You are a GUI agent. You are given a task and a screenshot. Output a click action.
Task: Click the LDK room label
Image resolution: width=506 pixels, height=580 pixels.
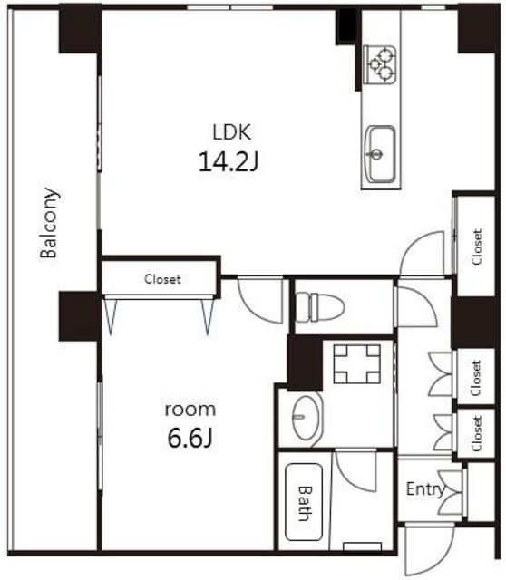[x=232, y=132]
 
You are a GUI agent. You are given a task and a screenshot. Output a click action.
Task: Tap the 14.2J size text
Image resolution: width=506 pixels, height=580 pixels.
[x=229, y=162]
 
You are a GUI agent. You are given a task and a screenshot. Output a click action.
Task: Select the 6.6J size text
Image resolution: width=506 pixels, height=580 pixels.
[x=190, y=439]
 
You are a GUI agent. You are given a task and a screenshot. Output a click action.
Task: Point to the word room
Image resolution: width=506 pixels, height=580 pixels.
[x=190, y=410]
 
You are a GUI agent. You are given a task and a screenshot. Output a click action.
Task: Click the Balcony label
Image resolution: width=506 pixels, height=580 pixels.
[x=49, y=223]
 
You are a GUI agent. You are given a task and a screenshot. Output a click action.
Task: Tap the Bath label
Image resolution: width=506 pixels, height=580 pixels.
[x=306, y=503]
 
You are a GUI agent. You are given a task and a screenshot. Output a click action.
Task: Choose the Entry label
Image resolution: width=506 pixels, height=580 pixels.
[x=425, y=489]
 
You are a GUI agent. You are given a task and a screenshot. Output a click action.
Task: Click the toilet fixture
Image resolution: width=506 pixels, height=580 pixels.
[x=320, y=306]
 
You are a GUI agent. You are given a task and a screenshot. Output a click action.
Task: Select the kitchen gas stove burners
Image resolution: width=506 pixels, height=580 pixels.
[x=380, y=64]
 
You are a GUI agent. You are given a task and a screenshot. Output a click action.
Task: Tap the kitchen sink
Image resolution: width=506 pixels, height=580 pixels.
[x=380, y=154]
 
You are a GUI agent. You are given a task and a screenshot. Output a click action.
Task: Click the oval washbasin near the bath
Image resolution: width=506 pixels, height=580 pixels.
[x=307, y=418]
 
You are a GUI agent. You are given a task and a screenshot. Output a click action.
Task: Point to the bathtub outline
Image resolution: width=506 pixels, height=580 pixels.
[x=304, y=502]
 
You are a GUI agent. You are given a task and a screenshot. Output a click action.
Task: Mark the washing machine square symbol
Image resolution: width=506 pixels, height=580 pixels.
[x=356, y=364]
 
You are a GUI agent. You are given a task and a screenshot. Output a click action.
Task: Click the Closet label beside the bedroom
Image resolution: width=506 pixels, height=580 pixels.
[x=162, y=279]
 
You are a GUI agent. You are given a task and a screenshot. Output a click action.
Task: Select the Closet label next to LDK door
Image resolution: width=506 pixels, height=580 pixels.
[x=477, y=246]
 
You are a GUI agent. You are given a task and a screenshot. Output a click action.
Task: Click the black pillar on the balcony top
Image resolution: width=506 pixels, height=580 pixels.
[x=80, y=29]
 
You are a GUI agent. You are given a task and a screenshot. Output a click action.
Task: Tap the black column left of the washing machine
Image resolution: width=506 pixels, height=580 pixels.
[x=305, y=362]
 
